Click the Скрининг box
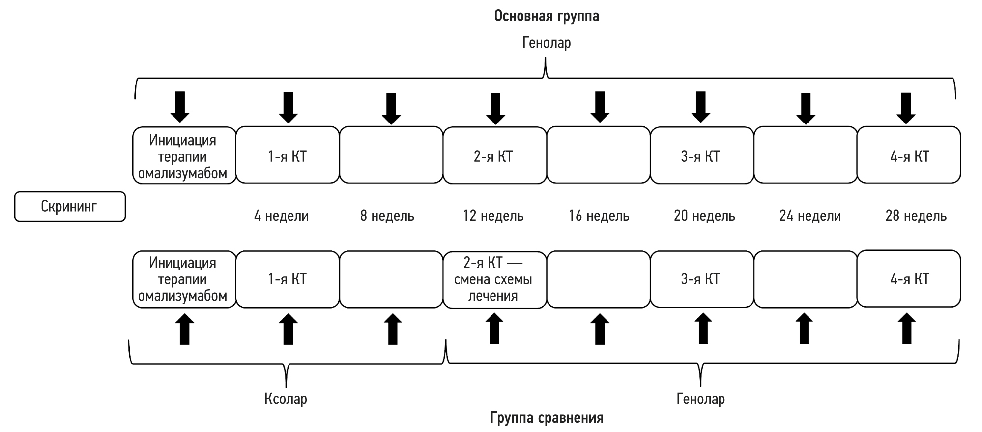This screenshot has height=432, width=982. point(70,207)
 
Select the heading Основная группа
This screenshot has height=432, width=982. point(546,16)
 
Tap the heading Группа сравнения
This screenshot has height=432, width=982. point(547,418)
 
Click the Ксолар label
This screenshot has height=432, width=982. point(286,399)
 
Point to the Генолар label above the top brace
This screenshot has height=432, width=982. point(546,43)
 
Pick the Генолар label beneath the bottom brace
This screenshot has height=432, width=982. point(700,399)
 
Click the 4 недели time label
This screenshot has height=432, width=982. point(281,216)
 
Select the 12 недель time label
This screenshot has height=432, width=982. point(493,216)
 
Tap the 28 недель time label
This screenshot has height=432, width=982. point(916,216)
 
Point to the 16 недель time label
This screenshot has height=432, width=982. point(599,216)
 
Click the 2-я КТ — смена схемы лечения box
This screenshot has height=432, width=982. point(494,279)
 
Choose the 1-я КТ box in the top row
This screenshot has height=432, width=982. point(288,155)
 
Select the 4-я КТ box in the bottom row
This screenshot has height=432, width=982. point(909,279)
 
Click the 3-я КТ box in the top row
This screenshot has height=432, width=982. point(701,155)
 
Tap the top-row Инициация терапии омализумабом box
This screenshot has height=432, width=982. point(184,155)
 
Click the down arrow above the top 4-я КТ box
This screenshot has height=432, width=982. point(906,108)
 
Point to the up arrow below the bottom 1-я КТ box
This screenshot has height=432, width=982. point(288,330)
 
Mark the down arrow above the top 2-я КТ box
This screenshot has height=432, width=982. point(495,108)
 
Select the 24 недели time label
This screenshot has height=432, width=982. point(810,216)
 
